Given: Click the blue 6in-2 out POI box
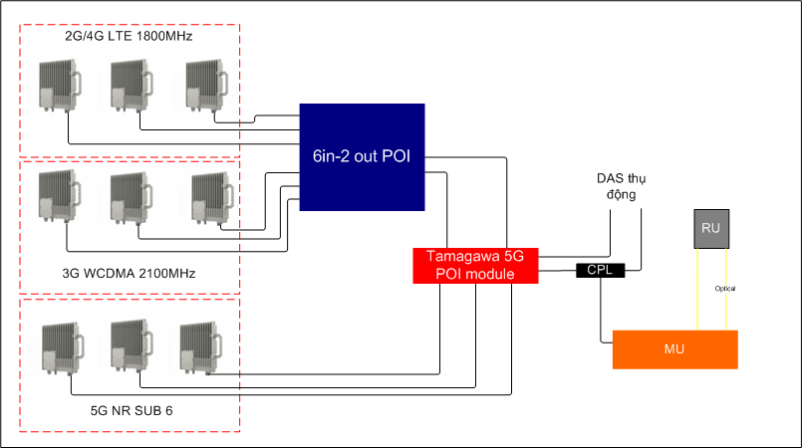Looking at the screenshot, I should coord(363,156).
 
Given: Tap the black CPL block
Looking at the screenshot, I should coord(600,270).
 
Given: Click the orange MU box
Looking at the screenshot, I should coord(674,349).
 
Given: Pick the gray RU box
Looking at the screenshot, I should coord(710,229).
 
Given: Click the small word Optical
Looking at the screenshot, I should coord(725,289).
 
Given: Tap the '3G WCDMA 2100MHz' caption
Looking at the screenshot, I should coord(133,272).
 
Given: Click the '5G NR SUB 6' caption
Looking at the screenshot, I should coord(133,409).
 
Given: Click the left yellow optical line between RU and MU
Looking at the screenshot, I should coord(697,289).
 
